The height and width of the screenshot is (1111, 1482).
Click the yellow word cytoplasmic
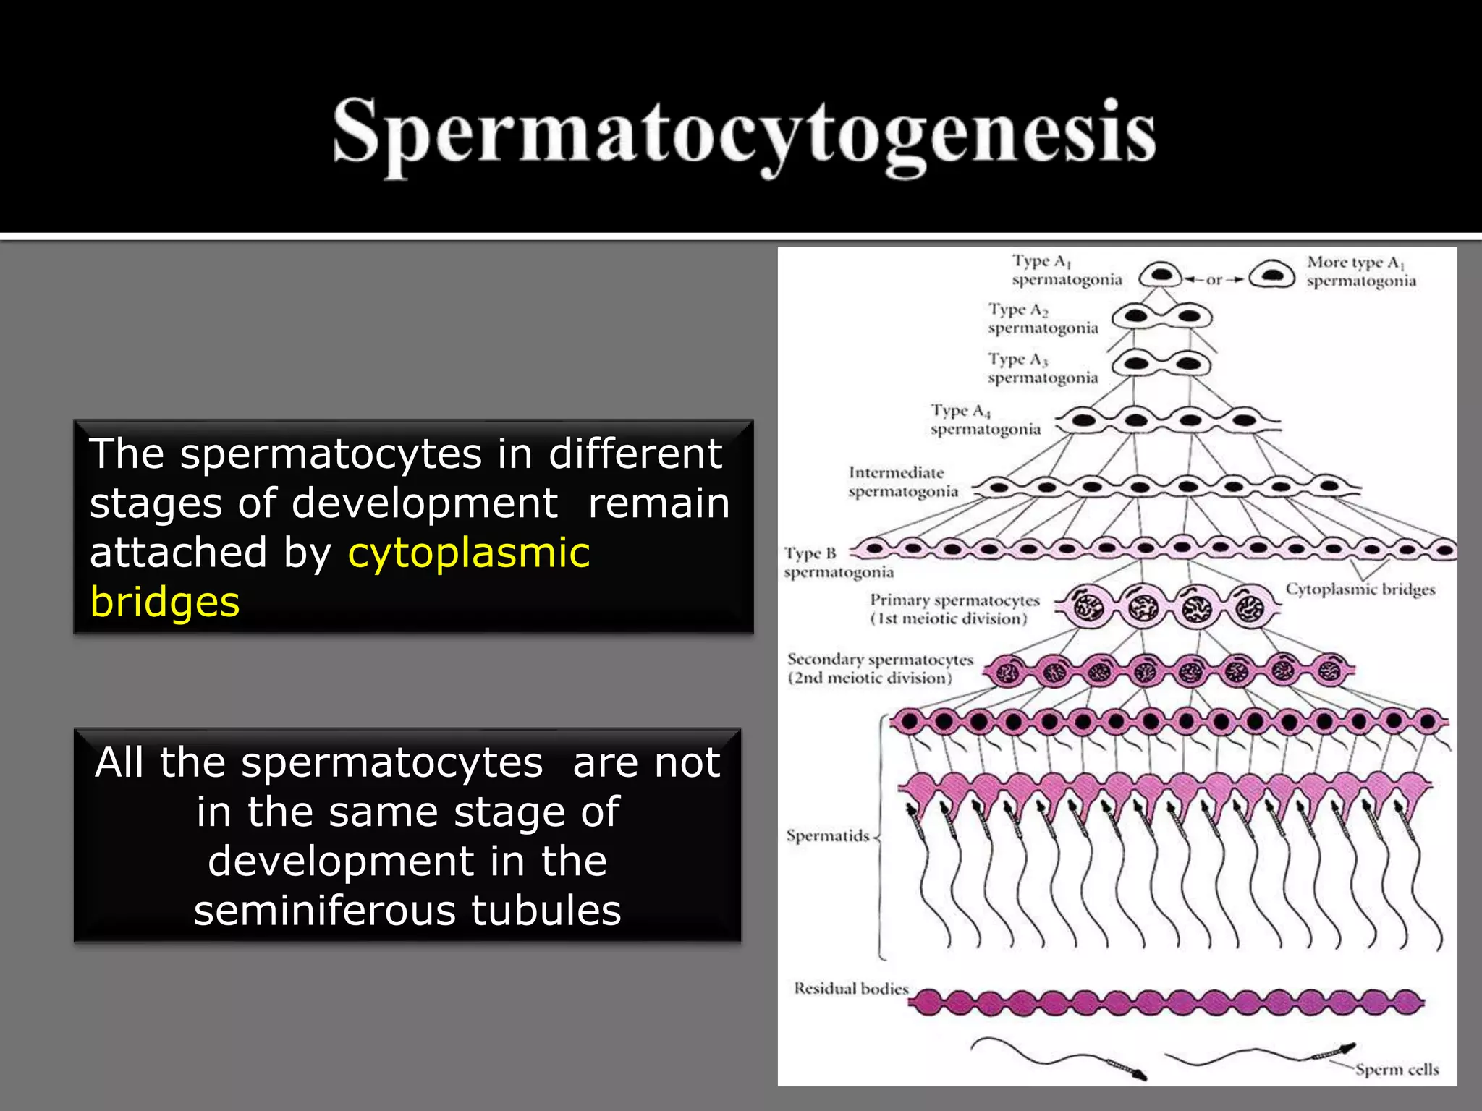click(x=468, y=553)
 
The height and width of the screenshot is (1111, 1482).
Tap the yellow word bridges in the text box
click(x=164, y=602)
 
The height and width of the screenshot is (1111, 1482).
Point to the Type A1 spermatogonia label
click(x=1065, y=271)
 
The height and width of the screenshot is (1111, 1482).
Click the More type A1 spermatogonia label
click(x=1360, y=271)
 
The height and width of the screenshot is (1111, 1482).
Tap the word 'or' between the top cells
click(x=1214, y=279)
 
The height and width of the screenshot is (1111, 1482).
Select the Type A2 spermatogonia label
click(x=1042, y=319)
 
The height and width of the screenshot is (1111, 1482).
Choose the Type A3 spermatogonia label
click(x=1042, y=369)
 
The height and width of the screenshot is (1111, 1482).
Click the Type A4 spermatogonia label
click(x=985, y=420)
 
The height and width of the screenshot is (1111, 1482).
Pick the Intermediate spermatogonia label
click(x=902, y=482)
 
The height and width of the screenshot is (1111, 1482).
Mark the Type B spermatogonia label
click(x=837, y=563)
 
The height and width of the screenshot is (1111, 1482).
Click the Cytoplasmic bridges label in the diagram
click(x=1359, y=589)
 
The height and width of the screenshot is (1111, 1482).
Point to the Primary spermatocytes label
click(x=954, y=609)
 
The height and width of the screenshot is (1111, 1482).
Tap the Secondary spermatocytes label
click(x=879, y=668)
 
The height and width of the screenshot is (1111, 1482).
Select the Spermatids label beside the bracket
click(x=827, y=836)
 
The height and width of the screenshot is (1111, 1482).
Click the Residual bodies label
click(x=850, y=989)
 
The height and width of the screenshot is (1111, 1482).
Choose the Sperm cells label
click(x=1396, y=1069)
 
